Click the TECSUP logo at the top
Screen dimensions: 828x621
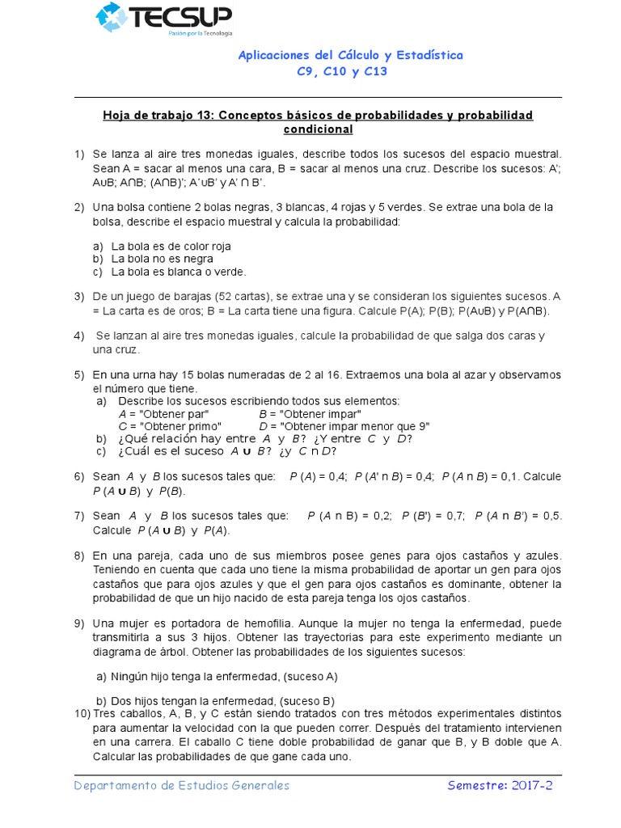point(163,19)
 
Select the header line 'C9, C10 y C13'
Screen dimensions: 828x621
point(343,72)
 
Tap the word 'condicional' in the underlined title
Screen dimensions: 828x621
point(318,129)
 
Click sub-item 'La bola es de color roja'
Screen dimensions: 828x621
point(171,246)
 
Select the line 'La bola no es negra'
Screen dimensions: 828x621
point(162,259)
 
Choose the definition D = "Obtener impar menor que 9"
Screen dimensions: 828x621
point(344,426)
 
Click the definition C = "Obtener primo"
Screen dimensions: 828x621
point(171,426)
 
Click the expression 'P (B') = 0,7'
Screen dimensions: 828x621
point(433,516)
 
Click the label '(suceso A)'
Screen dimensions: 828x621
point(309,677)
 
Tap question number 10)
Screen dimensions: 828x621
point(82,714)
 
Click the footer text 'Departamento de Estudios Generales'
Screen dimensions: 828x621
point(181,786)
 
